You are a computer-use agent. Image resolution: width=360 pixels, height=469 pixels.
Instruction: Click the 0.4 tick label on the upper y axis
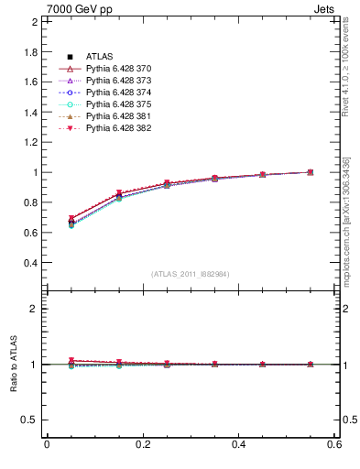tap(31, 262)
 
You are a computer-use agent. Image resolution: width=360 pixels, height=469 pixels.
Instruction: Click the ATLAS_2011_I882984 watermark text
tap(191, 274)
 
